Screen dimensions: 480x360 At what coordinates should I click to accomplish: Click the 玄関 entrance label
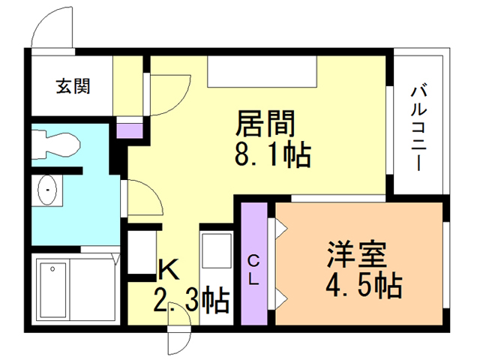coord(73,86)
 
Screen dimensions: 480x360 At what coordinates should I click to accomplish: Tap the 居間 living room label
coord(265,123)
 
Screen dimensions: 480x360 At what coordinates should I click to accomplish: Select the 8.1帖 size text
coord(273,154)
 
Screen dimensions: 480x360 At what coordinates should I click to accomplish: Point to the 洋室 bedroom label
coord(357,255)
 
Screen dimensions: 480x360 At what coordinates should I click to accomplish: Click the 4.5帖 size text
coord(364,285)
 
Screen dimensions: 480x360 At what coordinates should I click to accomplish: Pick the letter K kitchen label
coord(168,269)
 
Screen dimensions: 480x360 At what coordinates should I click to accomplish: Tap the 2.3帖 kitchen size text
coord(192,300)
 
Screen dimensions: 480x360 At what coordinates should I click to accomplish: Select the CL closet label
coord(253,270)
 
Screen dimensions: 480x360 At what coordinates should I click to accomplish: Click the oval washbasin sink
coord(47,190)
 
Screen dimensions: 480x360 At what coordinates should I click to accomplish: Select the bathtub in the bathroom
coord(53,290)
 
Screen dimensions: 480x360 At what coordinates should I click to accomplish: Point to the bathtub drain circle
coord(52,269)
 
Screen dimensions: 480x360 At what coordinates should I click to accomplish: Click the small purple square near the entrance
coord(130,130)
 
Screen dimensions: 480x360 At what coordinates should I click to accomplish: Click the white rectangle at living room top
coord(262,72)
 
